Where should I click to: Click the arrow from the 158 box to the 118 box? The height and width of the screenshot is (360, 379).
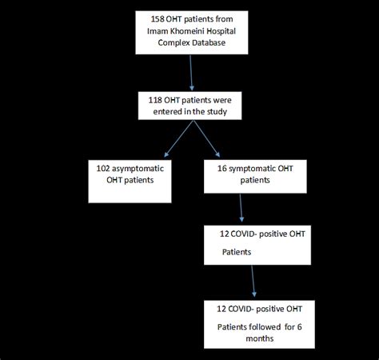pos(190,71)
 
